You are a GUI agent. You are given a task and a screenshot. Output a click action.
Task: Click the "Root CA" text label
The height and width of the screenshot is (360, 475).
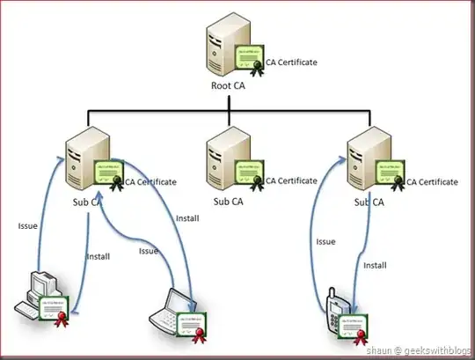pyautogui.click(x=231, y=86)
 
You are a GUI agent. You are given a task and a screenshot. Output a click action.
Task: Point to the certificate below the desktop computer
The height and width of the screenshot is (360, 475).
pyautogui.click(x=52, y=310)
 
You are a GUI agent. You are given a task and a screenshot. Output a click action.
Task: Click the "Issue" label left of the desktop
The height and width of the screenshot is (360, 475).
pyautogui.click(x=27, y=225)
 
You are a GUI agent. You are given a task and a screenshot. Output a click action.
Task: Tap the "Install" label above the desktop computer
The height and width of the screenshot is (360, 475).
pyautogui.click(x=98, y=257)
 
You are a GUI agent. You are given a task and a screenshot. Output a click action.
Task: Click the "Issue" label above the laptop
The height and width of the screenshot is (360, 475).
pyautogui.click(x=149, y=251)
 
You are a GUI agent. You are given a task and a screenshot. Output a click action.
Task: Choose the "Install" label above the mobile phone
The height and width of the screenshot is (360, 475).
pyautogui.click(x=376, y=263)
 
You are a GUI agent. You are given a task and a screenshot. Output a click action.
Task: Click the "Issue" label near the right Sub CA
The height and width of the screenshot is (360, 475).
pyautogui.click(x=325, y=240)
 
